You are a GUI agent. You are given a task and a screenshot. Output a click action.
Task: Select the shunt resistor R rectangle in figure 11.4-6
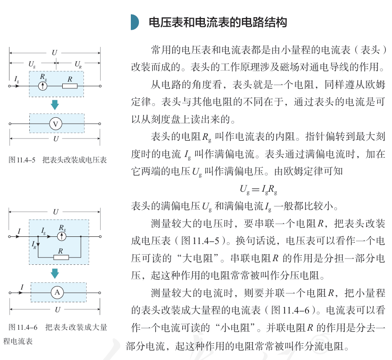pos(61,257)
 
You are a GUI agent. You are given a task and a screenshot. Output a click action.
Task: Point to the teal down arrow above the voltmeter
pos(55,105)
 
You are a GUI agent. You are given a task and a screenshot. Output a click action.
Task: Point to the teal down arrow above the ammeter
pos(55,273)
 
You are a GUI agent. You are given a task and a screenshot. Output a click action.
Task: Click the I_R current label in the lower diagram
pos(34,245)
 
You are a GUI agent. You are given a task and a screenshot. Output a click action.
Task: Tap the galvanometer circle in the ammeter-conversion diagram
pos(62,236)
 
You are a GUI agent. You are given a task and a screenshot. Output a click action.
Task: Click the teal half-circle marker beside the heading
pos(135,22)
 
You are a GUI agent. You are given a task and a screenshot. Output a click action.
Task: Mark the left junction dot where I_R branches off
pos(38,236)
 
